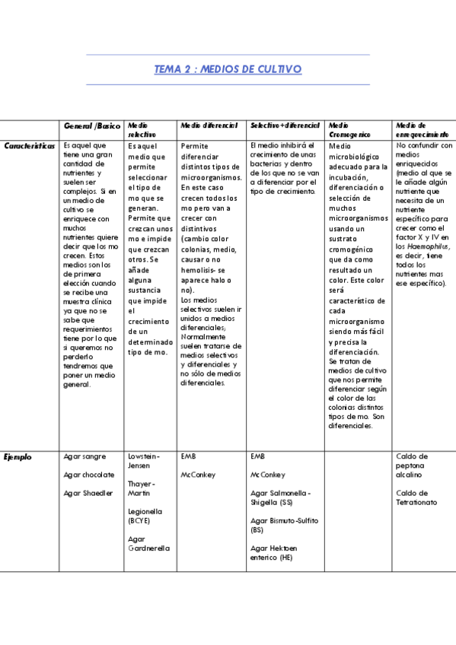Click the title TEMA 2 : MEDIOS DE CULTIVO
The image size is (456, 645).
point(228,69)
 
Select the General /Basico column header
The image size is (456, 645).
point(92,126)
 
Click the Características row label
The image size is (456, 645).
point(29,145)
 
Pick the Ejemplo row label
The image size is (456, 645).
point(18,457)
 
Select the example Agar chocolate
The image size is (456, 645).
point(89,475)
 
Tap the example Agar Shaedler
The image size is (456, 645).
point(88,493)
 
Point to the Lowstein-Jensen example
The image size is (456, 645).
point(144,461)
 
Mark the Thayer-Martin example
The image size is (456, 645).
point(142,488)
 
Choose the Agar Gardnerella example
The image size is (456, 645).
point(149,543)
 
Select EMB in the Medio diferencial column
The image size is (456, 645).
point(188,456)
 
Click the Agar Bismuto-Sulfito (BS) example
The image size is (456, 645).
point(284,525)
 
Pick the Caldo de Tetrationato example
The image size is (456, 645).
point(416,497)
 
